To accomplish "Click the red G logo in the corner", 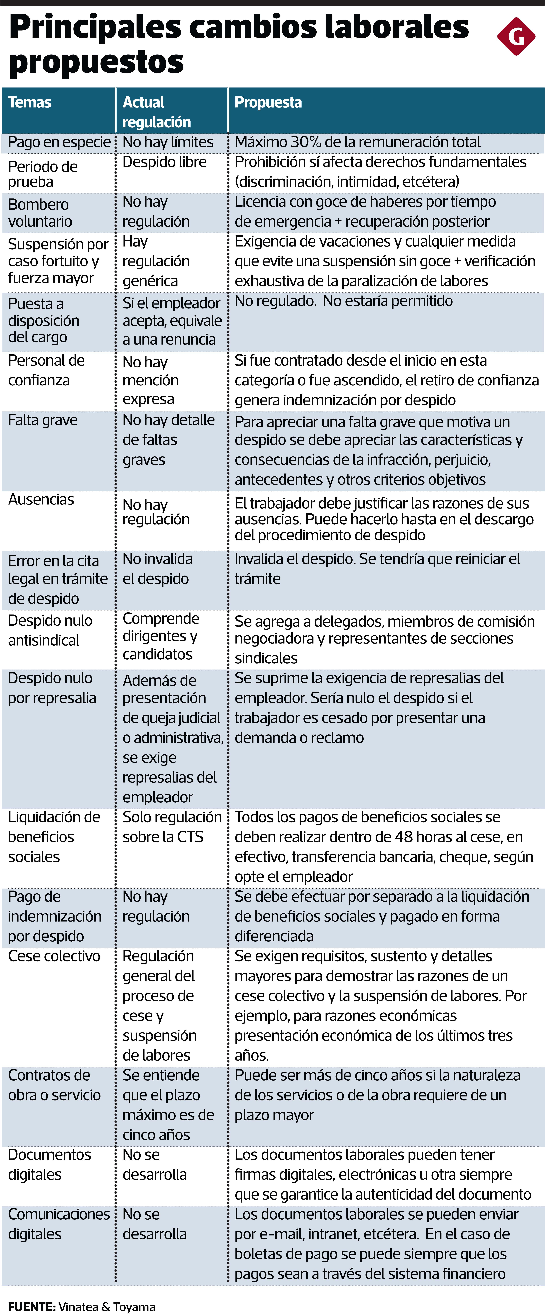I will point(516,36).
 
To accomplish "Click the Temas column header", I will point(30,102).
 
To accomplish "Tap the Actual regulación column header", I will point(156,112).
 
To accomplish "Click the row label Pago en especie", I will point(59,142).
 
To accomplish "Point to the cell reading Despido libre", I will point(164,162).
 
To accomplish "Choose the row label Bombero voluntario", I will point(40,213).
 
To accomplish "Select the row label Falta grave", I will point(43,420).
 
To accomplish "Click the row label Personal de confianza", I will point(46,370).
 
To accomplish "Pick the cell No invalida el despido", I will point(157,569).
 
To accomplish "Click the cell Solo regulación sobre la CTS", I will point(172,827).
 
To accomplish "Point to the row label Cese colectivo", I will point(54,956).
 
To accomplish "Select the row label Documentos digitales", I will point(50,1164).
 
